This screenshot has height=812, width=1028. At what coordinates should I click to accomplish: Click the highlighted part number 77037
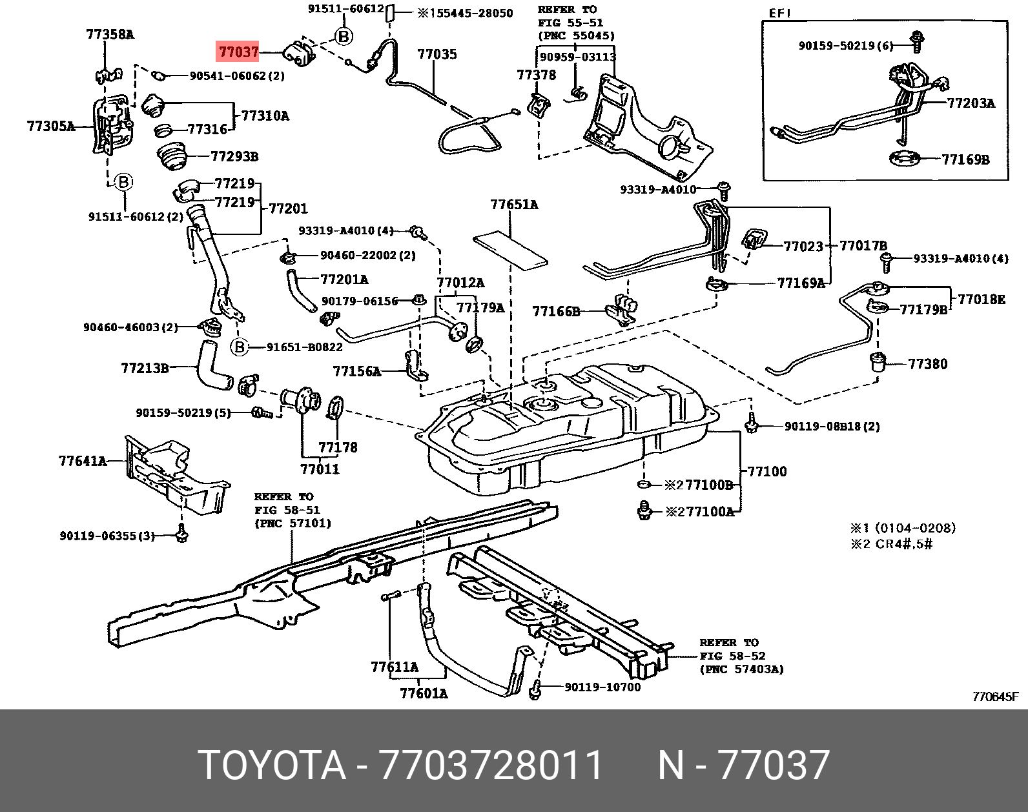tap(238, 52)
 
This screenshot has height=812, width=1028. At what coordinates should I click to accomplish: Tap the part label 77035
tap(437, 54)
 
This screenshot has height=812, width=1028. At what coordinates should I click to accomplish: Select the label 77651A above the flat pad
tap(514, 205)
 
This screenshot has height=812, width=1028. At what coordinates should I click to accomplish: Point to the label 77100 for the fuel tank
tap(767, 471)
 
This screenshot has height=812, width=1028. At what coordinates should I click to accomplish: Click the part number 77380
tap(928, 364)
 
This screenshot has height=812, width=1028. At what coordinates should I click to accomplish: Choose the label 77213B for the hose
tap(145, 368)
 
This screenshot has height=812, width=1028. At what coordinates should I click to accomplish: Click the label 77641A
tap(83, 461)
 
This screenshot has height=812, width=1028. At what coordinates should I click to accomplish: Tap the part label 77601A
tap(424, 693)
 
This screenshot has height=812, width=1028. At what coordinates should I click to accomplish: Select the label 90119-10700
tap(602, 687)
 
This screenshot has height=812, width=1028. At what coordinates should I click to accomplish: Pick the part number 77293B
tap(234, 156)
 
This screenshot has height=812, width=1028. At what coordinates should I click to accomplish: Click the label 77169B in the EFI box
tap(965, 159)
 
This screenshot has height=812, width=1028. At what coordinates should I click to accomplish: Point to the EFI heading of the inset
tap(780, 14)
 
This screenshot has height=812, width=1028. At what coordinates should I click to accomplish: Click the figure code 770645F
tap(995, 696)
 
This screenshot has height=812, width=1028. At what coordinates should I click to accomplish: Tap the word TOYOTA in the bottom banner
tap(272, 766)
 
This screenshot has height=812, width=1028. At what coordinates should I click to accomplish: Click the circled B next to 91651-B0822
tap(240, 347)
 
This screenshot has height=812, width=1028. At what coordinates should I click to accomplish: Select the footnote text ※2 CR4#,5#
tap(891, 544)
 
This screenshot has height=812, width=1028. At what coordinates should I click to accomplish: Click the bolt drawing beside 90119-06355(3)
tap(181, 534)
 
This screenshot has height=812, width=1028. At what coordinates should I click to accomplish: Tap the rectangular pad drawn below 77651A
tap(510, 249)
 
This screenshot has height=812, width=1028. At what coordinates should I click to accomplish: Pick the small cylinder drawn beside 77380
tap(878, 361)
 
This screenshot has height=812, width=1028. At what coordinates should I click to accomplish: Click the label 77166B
tap(556, 312)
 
